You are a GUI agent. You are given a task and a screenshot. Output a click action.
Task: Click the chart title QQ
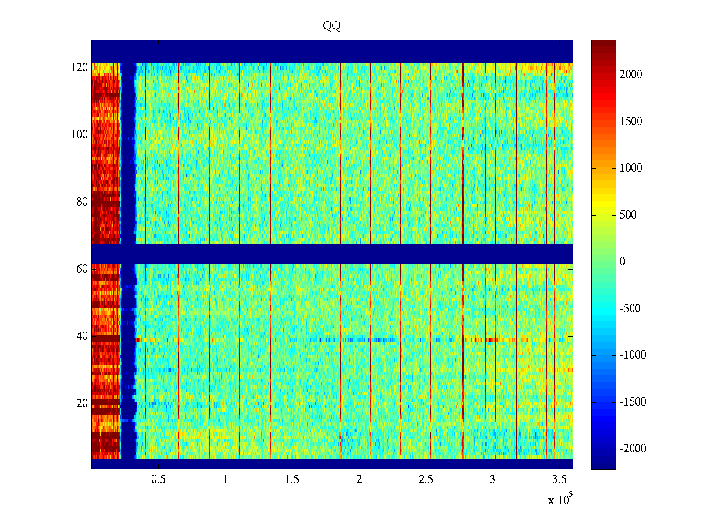click(x=332, y=26)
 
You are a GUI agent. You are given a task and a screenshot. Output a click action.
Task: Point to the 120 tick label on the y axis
click(x=80, y=68)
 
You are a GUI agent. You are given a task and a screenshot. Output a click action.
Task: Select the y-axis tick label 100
click(x=80, y=135)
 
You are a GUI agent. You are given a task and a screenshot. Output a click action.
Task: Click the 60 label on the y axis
click(x=82, y=269)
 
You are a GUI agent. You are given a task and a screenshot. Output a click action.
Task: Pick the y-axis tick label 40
click(x=82, y=336)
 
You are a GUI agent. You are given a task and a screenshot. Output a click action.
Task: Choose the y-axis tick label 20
click(x=82, y=404)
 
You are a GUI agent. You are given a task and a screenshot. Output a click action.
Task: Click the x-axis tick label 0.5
click(x=158, y=480)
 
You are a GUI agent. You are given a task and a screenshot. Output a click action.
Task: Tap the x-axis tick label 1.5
click(x=292, y=480)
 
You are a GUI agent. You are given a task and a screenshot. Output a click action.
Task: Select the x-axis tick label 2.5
click(x=426, y=480)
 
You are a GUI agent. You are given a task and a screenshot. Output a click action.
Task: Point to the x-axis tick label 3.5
click(x=559, y=480)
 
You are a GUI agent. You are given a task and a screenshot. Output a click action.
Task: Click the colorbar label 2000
click(x=631, y=75)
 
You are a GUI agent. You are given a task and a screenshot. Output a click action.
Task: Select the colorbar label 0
click(x=622, y=262)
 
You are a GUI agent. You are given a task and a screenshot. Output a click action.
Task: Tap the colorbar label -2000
click(x=633, y=449)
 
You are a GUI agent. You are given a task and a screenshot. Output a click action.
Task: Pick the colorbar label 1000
click(x=631, y=168)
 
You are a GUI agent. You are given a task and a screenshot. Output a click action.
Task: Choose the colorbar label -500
click(x=630, y=309)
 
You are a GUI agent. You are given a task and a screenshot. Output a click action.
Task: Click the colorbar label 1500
click(x=631, y=122)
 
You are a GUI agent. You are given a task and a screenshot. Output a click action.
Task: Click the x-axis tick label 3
click(x=493, y=480)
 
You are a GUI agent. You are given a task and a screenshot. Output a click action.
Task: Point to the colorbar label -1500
click(x=633, y=402)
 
